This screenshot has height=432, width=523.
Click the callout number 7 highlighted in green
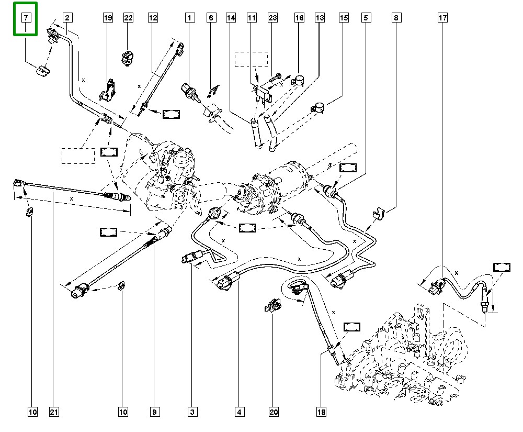pyautogui.click(x=25, y=18)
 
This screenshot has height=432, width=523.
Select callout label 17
pyautogui.click(x=442, y=18)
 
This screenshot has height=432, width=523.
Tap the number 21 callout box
pyautogui.click(x=53, y=413)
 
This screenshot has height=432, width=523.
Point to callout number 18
pyautogui.click(x=321, y=413)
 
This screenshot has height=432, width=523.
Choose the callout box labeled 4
pyautogui.click(x=239, y=413)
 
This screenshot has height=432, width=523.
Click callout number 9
pyautogui.click(x=155, y=413)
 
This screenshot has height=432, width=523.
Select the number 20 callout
pyautogui.click(x=274, y=413)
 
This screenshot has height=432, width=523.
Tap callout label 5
pyautogui.click(x=365, y=18)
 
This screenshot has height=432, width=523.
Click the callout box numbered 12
pyautogui.click(x=153, y=18)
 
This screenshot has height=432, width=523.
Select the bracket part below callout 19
pyautogui.click(x=109, y=89)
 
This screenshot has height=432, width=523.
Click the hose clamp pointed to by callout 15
pyautogui.click(x=319, y=107)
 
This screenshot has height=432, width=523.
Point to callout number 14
pyautogui.click(x=230, y=18)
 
